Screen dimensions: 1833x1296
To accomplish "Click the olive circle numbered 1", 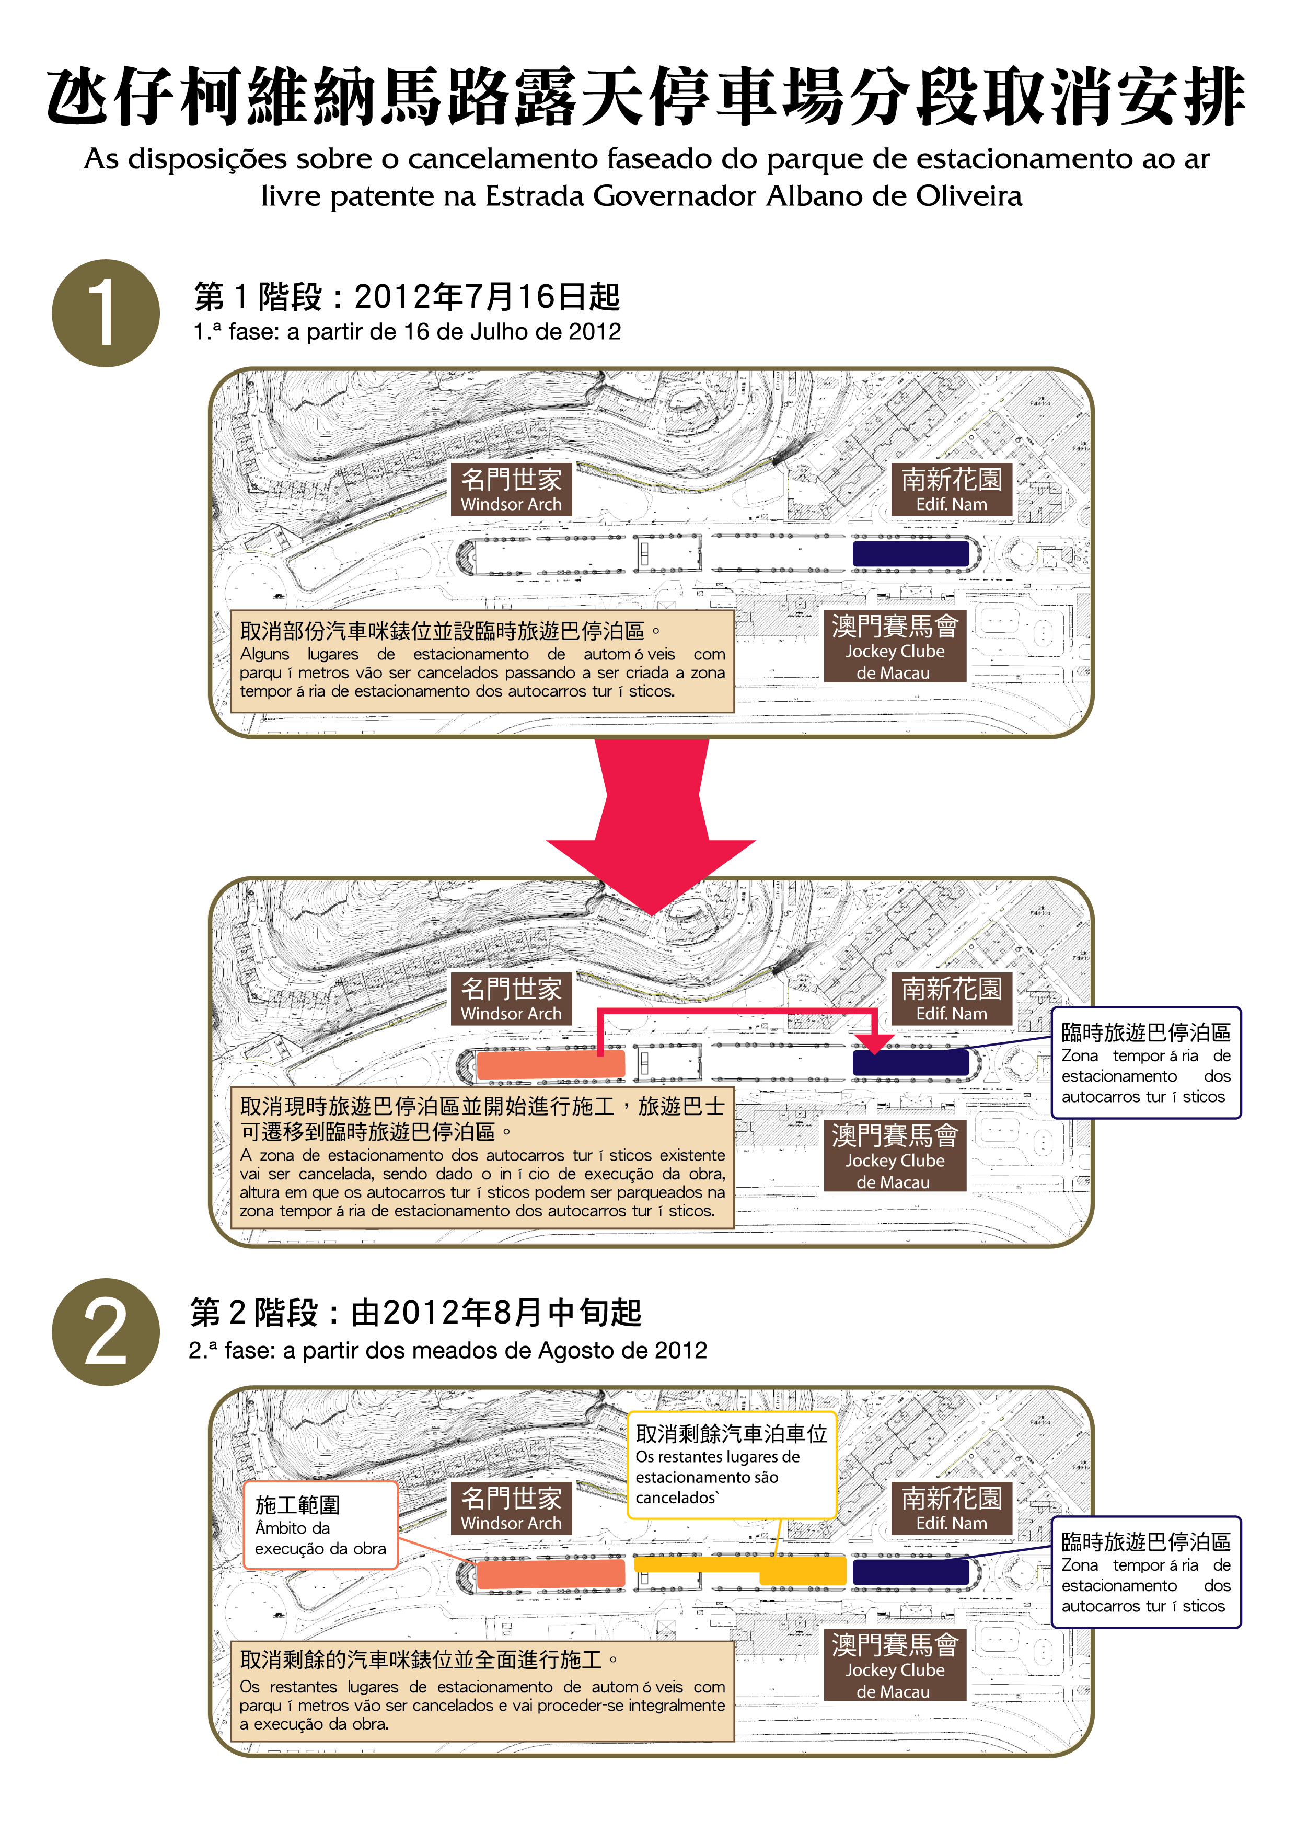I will point(106,313).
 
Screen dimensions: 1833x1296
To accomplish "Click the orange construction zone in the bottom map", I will point(550,1573).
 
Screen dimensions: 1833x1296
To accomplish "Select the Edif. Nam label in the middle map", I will point(951,998).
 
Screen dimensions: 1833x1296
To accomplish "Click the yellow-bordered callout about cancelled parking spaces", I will point(732,1466).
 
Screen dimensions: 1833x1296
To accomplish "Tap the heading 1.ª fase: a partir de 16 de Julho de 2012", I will point(407,332).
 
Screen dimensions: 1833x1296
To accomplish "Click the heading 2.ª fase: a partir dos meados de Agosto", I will point(447,1350).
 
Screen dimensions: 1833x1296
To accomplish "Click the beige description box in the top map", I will point(482,661).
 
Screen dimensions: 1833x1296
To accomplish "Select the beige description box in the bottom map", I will point(482,1691).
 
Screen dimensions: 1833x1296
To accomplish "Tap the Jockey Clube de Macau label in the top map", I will point(894,647).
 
